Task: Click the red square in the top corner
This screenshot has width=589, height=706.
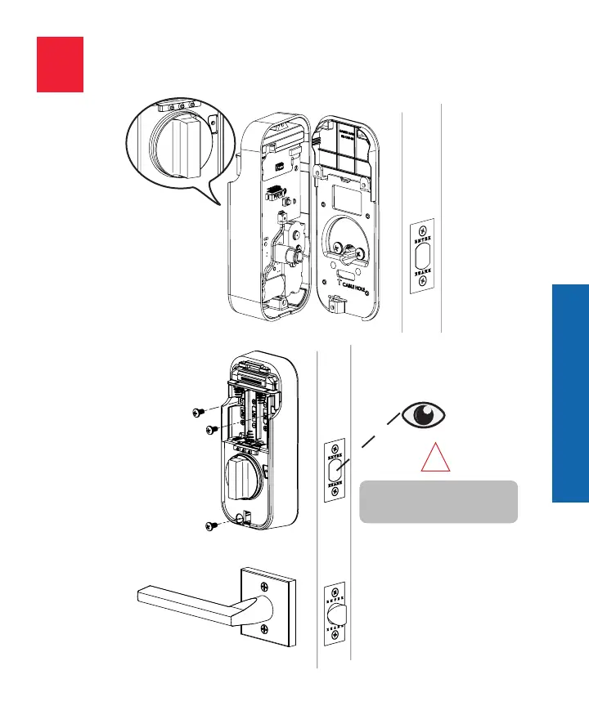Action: tap(60, 64)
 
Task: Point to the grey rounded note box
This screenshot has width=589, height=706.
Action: tap(438, 502)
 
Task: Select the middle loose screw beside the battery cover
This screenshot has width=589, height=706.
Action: tap(210, 428)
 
